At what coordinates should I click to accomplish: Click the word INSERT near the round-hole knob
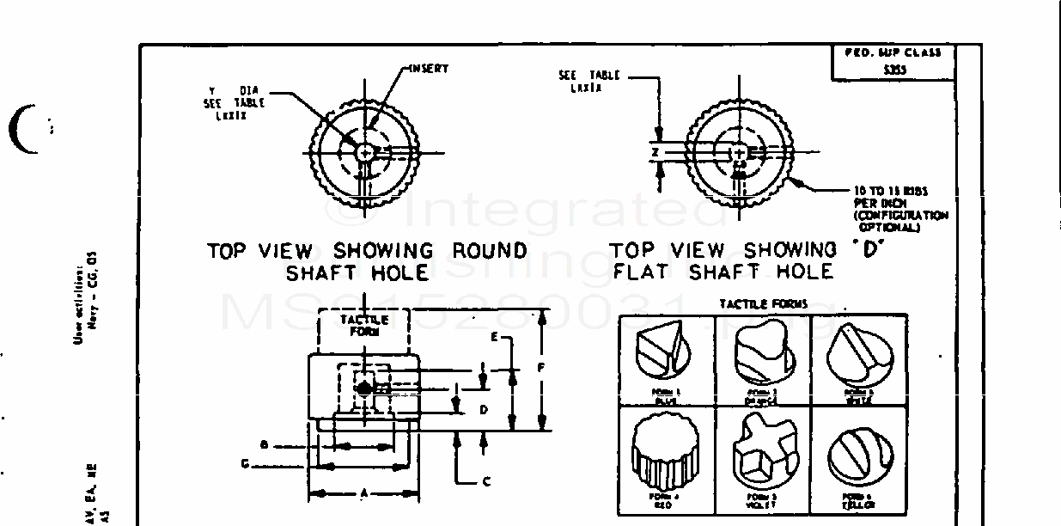click(x=429, y=69)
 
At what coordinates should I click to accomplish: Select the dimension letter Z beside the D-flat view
click(x=655, y=152)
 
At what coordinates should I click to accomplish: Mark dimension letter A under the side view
click(x=363, y=494)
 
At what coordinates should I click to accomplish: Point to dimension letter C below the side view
click(x=486, y=481)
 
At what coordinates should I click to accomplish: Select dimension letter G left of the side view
click(x=245, y=464)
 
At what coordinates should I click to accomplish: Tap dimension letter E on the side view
click(x=494, y=338)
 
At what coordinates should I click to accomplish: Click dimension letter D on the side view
click(x=484, y=410)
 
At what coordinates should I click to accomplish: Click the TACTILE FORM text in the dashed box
click(x=363, y=325)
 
